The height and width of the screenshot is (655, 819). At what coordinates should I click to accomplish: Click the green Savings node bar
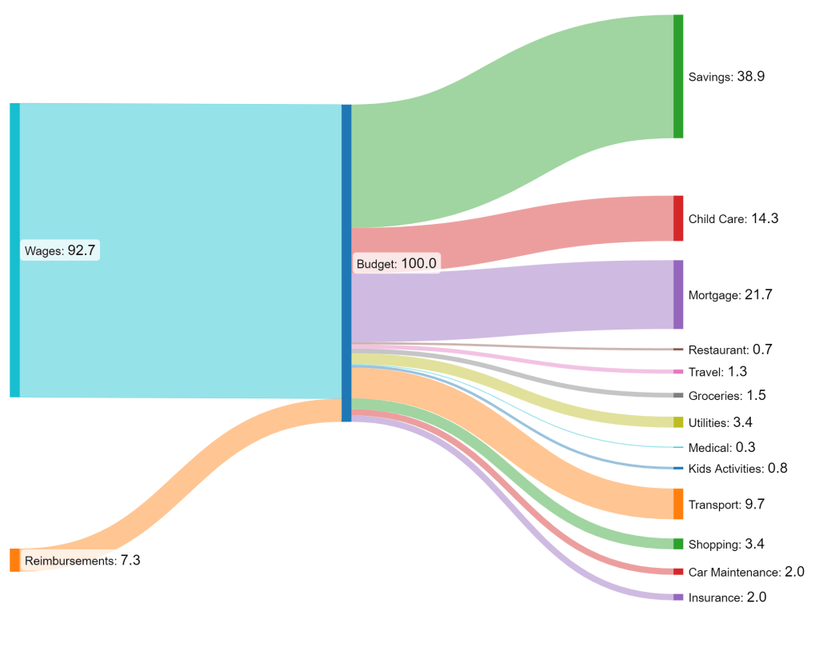click(678, 76)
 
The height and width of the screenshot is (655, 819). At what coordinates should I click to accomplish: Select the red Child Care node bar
click(678, 218)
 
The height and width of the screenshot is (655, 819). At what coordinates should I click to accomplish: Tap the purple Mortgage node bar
click(678, 294)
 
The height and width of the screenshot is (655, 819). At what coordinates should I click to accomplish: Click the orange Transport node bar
click(678, 504)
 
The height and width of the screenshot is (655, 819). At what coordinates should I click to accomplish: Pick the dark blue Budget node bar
click(346, 263)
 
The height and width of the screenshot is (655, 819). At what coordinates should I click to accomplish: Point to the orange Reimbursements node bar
click(14, 560)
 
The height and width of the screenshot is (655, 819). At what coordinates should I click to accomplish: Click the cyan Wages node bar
click(14, 250)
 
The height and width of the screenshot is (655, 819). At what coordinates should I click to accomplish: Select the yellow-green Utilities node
click(678, 422)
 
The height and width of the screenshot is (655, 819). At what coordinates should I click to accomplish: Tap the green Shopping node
click(678, 545)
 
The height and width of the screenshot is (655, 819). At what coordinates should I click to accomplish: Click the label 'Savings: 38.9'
click(727, 77)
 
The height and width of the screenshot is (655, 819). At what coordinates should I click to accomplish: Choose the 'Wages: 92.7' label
click(60, 250)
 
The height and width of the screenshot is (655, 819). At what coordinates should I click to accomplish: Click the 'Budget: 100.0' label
click(396, 263)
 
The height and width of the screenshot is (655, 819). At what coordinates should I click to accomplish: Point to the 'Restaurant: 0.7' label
click(730, 349)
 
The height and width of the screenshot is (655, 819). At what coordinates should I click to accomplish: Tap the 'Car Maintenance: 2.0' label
click(745, 572)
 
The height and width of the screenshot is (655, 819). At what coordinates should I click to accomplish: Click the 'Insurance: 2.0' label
click(727, 597)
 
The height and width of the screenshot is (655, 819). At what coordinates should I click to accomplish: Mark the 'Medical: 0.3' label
click(721, 447)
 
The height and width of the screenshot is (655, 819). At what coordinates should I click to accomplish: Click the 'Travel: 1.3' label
click(718, 372)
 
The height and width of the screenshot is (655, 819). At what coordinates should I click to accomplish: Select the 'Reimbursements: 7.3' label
click(82, 561)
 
